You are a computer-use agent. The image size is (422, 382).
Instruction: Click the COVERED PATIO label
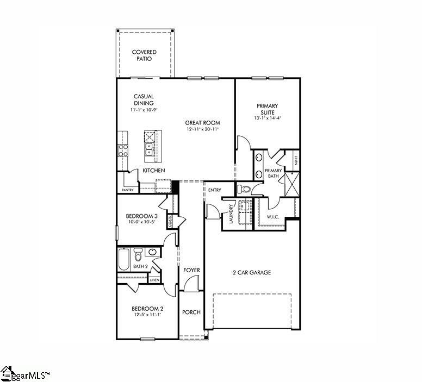pos(144,55)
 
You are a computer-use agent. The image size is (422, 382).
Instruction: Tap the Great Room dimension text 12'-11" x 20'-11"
pos(202,129)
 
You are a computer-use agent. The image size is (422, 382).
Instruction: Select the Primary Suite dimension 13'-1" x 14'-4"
pos(267,118)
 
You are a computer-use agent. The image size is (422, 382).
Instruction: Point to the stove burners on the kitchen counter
pos(123,150)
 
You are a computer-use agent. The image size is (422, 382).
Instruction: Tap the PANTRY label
pos(127,190)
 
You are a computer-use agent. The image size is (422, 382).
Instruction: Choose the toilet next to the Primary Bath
pos(244,190)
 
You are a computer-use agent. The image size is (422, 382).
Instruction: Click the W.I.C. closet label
pos(272,217)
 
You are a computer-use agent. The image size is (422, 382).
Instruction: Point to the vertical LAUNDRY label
pos(231,214)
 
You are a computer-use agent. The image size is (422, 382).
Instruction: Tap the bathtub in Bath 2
pos(124,259)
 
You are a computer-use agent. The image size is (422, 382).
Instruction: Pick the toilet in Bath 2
pos(138,255)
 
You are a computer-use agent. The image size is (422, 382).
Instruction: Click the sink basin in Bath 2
pos(152,252)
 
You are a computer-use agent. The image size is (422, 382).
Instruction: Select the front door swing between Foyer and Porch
pos(190,284)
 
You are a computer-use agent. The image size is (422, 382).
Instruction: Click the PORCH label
pos(191,312)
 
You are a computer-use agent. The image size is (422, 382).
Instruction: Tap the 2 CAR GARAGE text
pos(252,273)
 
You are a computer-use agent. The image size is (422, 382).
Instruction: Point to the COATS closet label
pos(170,222)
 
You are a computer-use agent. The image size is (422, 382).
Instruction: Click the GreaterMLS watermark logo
pos(25,374)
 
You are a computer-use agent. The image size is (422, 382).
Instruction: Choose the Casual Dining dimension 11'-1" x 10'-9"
pos(143,110)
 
